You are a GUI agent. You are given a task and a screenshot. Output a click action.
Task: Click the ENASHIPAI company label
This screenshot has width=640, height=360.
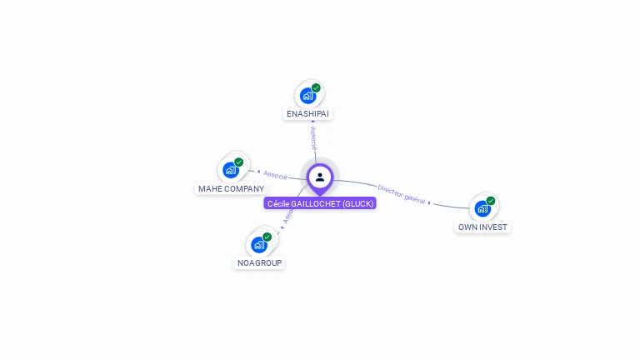tap(309, 113)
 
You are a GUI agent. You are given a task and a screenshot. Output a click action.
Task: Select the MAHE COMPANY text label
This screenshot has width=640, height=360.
tap(231, 188)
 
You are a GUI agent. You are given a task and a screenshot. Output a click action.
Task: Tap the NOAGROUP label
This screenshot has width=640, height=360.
tap(260, 262)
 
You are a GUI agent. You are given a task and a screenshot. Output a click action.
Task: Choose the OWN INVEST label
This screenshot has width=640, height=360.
tap(482, 227)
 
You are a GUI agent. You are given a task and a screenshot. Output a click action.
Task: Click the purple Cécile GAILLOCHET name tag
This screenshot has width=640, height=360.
tap(320, 203)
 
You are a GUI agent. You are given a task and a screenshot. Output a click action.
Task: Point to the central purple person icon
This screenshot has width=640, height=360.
tap(320, 177)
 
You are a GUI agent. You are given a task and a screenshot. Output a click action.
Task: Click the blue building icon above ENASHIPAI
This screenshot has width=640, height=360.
tap(307, 95)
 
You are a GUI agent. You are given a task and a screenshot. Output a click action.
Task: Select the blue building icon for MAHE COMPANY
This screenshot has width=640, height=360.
tap(231, 170)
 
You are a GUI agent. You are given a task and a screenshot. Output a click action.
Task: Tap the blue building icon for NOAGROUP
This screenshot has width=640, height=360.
tap(259, 245)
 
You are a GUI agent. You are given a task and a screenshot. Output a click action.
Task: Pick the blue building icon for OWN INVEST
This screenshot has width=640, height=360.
tap(482, 208)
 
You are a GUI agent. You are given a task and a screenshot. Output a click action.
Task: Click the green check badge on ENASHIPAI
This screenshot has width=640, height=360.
tap(316, 87)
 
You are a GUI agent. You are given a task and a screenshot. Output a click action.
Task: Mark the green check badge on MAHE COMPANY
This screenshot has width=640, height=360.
tap(239, 162)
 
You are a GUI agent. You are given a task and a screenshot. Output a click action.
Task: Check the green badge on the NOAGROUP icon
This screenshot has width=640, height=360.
tap(267, 237)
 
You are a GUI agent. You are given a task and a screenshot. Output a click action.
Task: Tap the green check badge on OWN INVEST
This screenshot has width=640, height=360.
tap(491, 201)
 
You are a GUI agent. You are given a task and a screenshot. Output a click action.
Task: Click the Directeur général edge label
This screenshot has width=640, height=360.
tap(401, 195)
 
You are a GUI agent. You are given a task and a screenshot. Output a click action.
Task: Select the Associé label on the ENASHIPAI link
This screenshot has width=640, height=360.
tap(313, 138)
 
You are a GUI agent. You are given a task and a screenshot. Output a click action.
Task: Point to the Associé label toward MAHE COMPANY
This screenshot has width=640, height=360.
tap(275, 175)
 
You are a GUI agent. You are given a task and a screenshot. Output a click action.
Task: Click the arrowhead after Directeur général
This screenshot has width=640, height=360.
tap(429, 202)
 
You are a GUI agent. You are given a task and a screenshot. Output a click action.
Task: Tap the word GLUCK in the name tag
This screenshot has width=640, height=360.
tap(358, 203)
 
